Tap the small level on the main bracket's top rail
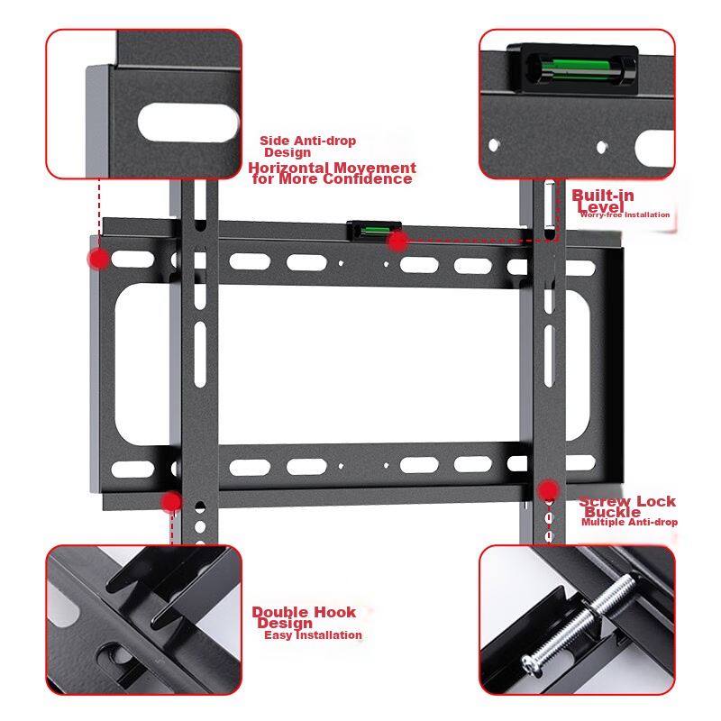click(x=374, y=230)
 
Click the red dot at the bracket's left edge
click(x=98, y=259)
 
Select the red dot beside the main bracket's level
click(x=397, y=241)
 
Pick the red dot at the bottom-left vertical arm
click(x=171, y=501)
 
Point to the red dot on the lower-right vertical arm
click(x=548, y=490)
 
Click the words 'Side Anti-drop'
click(x=307, y=141)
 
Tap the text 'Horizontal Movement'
click(x=332, y=168)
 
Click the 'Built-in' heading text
click(x=603, y=196)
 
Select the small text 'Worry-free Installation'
click(x=625, y=214)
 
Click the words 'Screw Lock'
click(x=627, y=501)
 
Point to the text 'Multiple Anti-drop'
click(x=629, y=523)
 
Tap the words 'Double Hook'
click(x=304, y=612)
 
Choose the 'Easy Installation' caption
click(x=313, y=635)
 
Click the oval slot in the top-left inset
click(x=188, y=123)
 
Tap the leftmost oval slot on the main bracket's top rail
click(x=132, y=260)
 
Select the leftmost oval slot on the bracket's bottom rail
click(x=132, y=469)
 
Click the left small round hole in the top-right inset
click(x=494, y=145)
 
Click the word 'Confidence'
click(x=368, y=178)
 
